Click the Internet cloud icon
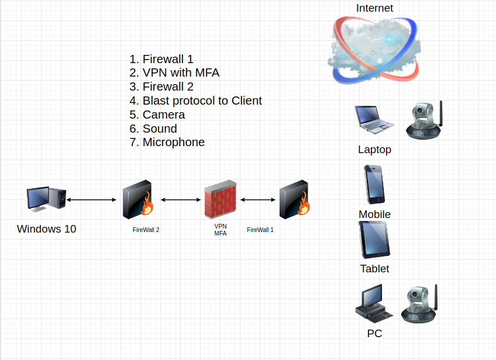(374, 49)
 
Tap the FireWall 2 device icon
(138, 199)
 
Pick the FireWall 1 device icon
(294, 200)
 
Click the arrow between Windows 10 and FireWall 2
(91, 200)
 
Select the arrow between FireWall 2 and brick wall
(180, 200)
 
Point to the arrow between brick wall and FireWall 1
(258, 200)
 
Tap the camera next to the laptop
(424, 121)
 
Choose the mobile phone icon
(374, 184)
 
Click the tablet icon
(374, 240)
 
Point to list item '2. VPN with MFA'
(174, 73)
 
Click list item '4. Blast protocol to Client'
(195, 101)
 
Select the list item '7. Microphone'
(167, 142)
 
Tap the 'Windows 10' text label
(46, 229)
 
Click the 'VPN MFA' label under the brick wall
(221, 230)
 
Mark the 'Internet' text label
(374, 8)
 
